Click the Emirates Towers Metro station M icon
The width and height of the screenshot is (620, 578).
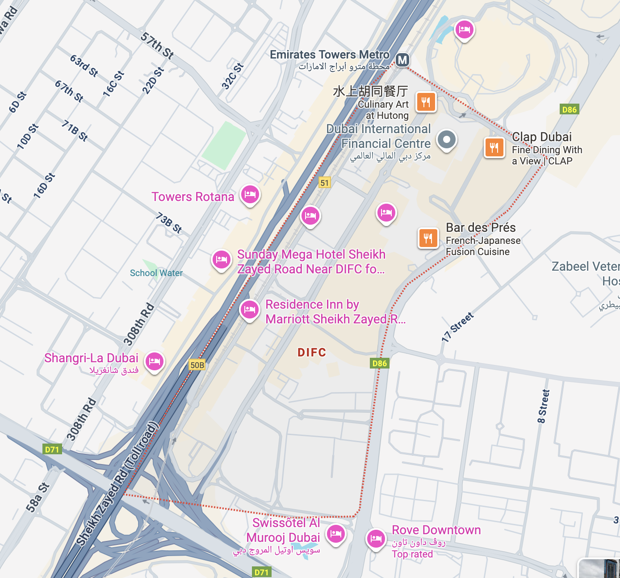pyautogui.click(x=402, y=59)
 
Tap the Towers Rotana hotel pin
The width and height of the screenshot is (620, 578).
pyautogui.click(x=250, y=194)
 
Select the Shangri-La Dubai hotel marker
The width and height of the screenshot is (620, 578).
pyautogui.click(x=155, y=361)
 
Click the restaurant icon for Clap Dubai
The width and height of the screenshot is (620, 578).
pyautogui.click(x=494, y=147)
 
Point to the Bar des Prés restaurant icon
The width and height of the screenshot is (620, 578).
pyautogui.click(x=428, y=238)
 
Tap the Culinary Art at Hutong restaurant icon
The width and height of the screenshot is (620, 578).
pyautogui.click(x=426, y=102)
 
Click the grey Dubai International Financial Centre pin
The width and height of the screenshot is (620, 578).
pyautogui.click(x=446, y=139)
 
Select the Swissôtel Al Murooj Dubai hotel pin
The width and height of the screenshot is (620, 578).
pyautogui.click(x=336, y=534)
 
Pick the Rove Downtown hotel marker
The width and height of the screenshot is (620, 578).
pyautogui.click(x=376, y=538)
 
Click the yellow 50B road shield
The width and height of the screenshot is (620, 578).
pyautogui.click(x=197, y=365)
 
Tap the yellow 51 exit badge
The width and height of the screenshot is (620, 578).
pyautogui.click(x=325, y=183)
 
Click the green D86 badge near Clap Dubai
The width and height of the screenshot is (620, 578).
pyautogui.click(x=569, y=109)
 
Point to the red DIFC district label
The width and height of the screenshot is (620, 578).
pyautogui.click(x=312, y=352)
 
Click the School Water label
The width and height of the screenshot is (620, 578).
pyautogui.click(x=156, y=273)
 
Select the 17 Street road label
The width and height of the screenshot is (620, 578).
pyautogui.click(x=457, y=327)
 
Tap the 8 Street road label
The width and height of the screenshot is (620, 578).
pyautogui.click(x=543, y=406)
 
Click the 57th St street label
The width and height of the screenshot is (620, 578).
pyautogui.click(x=157, y=46)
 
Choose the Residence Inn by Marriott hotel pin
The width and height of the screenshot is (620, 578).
pyautogui.click(x=249, y=309)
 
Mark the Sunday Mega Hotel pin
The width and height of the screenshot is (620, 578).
pyautogui.click(x=222, y=259)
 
